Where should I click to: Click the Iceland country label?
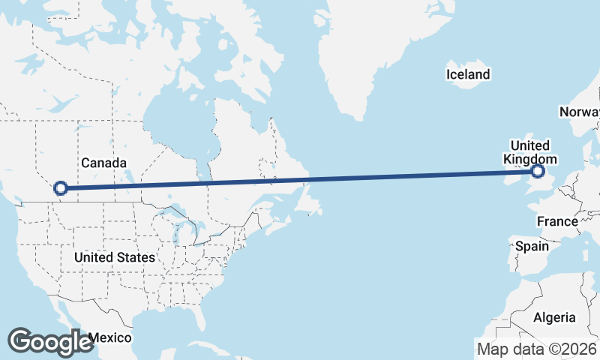pyautogui.click(x=467, y=74)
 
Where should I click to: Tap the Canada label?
pyautogui.click(x=103, y=163)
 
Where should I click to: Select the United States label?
pyautogui.click(x=115, y=257)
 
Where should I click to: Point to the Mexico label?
pyautogui.click(x=109, y=337)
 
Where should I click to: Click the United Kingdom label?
pyautogui.click(x=530, y=152)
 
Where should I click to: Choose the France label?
pyautogui.click(x=557, y=221)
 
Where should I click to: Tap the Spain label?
pyautogui.click(x=531, y=246)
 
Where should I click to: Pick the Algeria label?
pyautogui.click(x=554, y=317)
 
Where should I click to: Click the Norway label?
pyautogui.click(x=579, y=112)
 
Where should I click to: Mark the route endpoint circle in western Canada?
pyautogui.click(x=61, y=188)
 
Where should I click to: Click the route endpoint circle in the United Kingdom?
pyautogui.click(x=537, y=172)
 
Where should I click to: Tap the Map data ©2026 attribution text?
pyautogui.click(x=537, y=348)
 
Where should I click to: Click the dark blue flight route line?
pyautogui.click(x=300, y=180)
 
